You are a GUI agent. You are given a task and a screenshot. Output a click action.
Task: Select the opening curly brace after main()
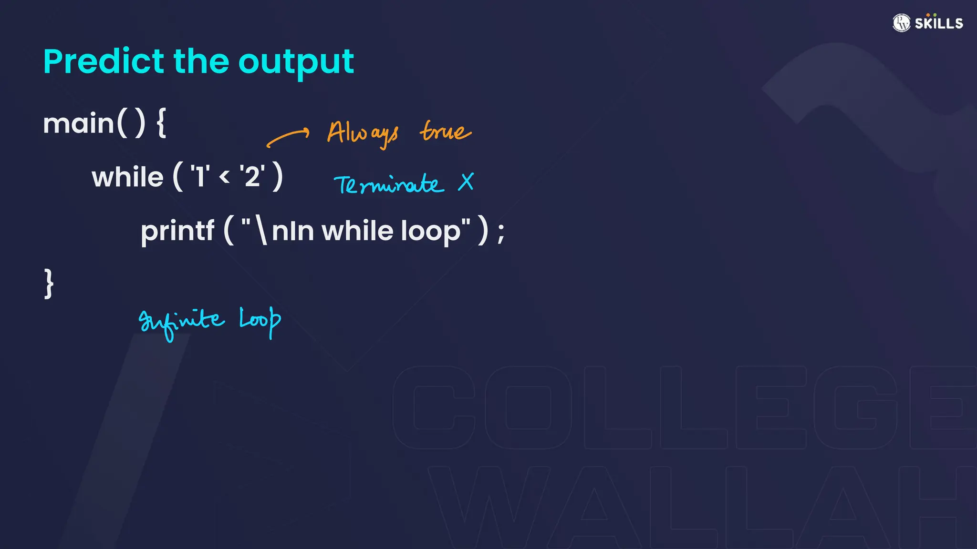point(161,123)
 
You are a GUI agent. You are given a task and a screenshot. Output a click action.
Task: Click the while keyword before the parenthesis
point(127,177)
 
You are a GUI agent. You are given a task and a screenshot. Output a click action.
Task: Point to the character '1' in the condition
point(200,176)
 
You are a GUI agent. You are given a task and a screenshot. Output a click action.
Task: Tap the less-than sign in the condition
point(224,177)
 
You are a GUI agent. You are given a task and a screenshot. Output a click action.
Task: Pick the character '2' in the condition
point(252,176)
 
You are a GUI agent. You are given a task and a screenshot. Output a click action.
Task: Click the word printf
point(177,231)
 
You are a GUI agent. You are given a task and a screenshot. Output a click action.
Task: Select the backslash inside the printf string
point(261,231)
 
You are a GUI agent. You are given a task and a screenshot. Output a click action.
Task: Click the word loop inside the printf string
point(431,232)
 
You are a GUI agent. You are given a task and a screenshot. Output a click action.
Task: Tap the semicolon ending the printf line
point(500,234)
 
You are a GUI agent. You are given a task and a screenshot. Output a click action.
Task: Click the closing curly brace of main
point(49,284)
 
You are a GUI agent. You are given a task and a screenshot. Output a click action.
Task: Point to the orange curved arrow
point(288,137)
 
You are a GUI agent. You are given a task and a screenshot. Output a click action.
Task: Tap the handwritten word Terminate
point(389,184)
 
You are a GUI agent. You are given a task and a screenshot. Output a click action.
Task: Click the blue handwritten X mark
point(466,182)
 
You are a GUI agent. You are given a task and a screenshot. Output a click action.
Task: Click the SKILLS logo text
point(938,23)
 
